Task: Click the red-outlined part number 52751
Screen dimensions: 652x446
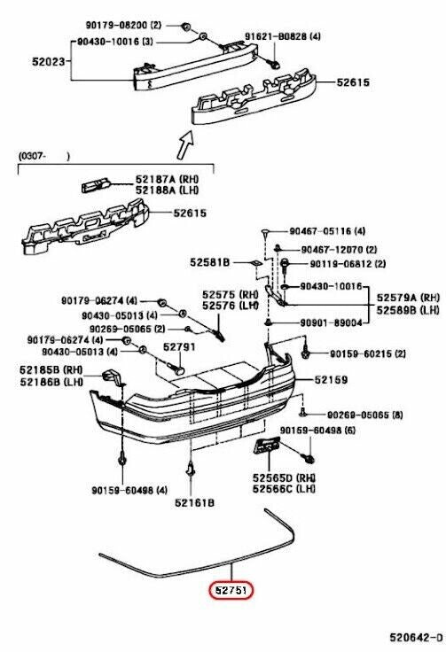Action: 231,588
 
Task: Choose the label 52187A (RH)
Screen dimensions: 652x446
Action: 168,179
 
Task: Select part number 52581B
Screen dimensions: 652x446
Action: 209,263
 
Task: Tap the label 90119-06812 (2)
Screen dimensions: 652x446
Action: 348,264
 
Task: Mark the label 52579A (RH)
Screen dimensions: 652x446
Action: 408,298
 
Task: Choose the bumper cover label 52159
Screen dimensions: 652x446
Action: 329,380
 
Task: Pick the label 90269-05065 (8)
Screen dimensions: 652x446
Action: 364,415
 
